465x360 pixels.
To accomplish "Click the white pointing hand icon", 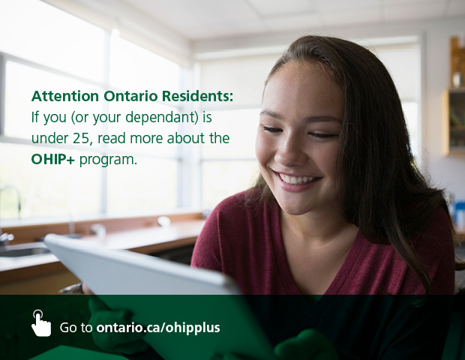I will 40,323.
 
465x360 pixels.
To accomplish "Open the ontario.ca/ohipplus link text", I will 158,328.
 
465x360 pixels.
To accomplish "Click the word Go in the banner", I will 68,328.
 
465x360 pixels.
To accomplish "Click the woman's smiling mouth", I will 298,180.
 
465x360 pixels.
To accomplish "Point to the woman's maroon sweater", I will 375,255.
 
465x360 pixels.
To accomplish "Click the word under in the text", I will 47,139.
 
